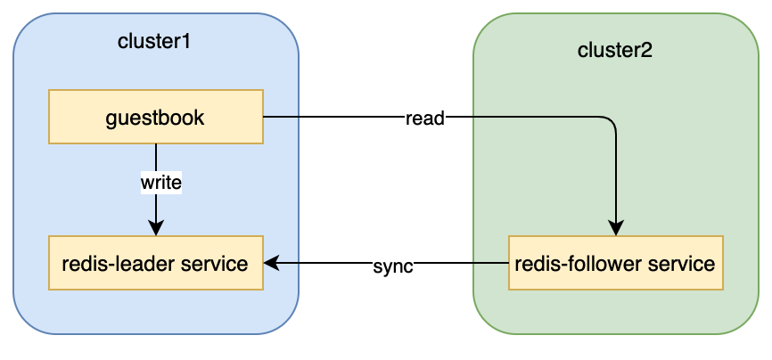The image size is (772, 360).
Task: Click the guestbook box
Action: point(156,116)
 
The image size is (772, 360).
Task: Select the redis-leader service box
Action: point(156,263)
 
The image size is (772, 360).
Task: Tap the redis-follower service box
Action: point(616,263)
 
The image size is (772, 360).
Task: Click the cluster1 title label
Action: point(154,41)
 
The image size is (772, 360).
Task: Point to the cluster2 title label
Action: point(615,50)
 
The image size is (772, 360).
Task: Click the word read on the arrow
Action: point(424,118)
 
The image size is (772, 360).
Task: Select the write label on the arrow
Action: point(160,183)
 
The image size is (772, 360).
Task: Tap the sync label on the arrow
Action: point(392,266)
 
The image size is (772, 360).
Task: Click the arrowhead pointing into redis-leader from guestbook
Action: point(156,229)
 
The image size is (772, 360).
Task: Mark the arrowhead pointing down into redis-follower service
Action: point(616,229)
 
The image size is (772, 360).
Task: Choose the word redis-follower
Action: point(573,264)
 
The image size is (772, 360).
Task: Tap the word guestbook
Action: point(156,116)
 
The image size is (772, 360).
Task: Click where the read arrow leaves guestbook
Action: point(265,117)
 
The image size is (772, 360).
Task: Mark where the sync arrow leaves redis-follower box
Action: point(508,263)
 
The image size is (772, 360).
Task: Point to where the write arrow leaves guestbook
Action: point(156,144)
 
